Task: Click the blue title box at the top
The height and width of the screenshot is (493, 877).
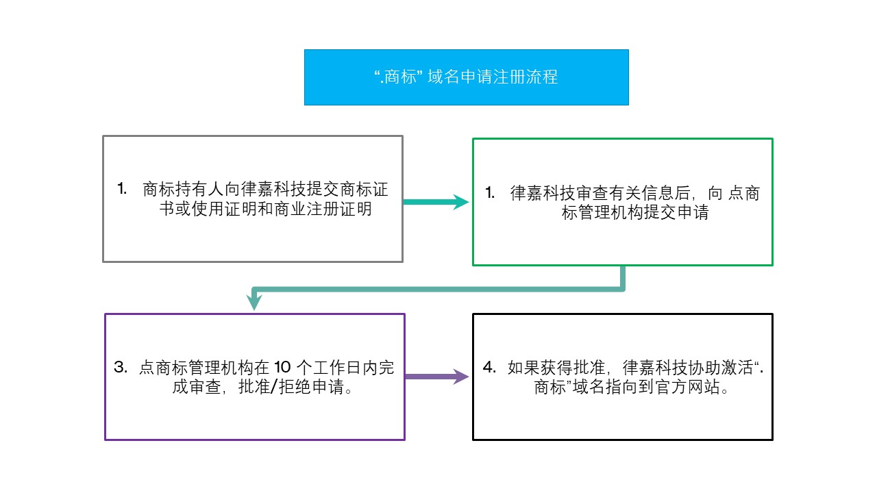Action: [x=467, y=77]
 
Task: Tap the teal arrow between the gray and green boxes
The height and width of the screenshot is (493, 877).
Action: [x=436, y=202]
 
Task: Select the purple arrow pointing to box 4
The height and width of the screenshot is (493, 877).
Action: [x=436, y=377]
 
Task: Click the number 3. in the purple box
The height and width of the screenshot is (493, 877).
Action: [x=121, y=367]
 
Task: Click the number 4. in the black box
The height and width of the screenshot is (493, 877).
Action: [x=489, y=367]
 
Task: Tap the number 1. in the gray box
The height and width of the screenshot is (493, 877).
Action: [x=122, y=188]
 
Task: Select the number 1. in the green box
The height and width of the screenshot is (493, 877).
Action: [x=490, y=192]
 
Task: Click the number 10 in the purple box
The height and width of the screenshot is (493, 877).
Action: [x=282, y=368]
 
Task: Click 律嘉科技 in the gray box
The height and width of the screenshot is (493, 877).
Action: [x=273, y=189]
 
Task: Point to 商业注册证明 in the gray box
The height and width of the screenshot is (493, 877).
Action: [x=323, y=209]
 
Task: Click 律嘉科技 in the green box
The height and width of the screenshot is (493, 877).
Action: [x=543, y=193]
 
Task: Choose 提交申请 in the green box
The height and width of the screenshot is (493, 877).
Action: [x=676, y=212]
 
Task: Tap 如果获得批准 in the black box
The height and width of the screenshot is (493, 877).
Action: [x=556, y=368]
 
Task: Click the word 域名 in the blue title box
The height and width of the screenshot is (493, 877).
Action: [x=443, y=77]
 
